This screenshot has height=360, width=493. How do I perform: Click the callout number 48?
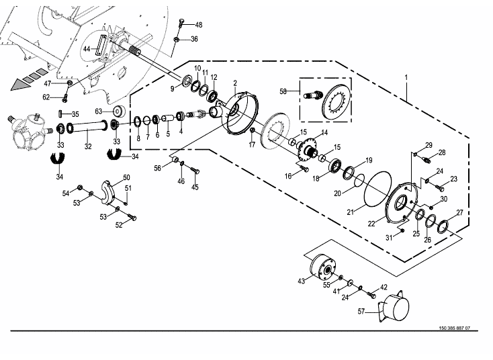click(x=198, y=25)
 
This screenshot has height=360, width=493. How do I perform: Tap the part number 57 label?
click(x=361, y=312)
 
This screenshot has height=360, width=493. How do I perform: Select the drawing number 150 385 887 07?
click(x=454, y=328)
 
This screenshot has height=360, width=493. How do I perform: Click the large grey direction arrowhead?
click(x=19, y=85)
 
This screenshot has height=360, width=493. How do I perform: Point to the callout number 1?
click(x=406, y=77)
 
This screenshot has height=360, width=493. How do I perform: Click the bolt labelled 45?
click(x=195, y=171)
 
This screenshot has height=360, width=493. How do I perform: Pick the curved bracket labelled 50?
click(x=108, y=193)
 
